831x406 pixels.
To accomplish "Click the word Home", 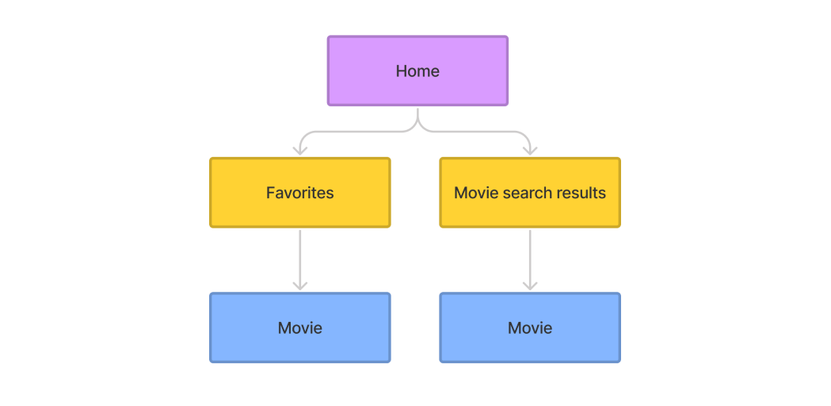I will (x=417, y=71).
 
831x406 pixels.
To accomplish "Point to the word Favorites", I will (x=299, y=193).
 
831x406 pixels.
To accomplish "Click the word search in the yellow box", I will (x=525, y=193).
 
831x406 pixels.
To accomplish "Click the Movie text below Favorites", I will (x=299, y=327).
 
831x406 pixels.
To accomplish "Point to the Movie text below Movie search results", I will (x=530, y=327).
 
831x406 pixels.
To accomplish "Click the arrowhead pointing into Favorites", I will (x=299, y=151).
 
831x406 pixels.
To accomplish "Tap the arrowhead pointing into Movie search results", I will (x=530, y=151).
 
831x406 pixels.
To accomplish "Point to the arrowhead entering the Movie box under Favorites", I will (x=299, y=285).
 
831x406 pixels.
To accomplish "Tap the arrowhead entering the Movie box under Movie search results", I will (x=530, y=285).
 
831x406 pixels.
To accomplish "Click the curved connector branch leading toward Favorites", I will (x=349, y=132).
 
